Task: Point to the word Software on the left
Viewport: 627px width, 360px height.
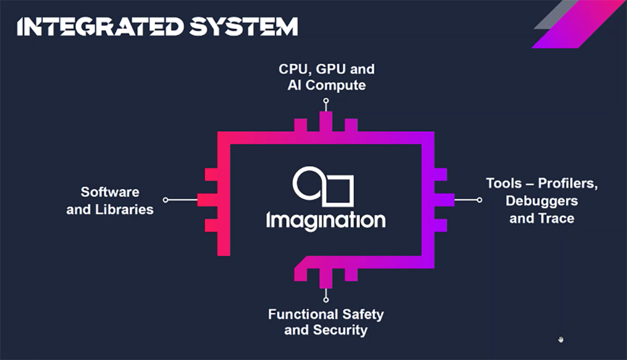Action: [x=110, y=192]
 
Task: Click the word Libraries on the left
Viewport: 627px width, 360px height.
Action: [x=124, y=209]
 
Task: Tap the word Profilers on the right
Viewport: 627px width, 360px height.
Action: [x=567, y=184]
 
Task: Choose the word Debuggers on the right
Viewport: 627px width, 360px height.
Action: [x=541, y=201]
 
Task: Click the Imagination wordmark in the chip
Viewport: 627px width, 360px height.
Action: [x=325, y=220]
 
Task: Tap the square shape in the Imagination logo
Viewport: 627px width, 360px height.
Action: [x=339, y=191]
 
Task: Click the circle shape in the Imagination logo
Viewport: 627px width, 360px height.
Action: [x=308, y=184]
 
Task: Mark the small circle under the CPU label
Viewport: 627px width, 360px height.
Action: [x=325, y=100]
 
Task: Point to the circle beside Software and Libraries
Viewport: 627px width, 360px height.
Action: [x=166, y=200]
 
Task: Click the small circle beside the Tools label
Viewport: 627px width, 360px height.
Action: [x=479, y=200]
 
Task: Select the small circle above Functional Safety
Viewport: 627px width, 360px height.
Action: [x=325, y=299]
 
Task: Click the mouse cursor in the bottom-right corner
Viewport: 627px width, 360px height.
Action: [x=561, y=339]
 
